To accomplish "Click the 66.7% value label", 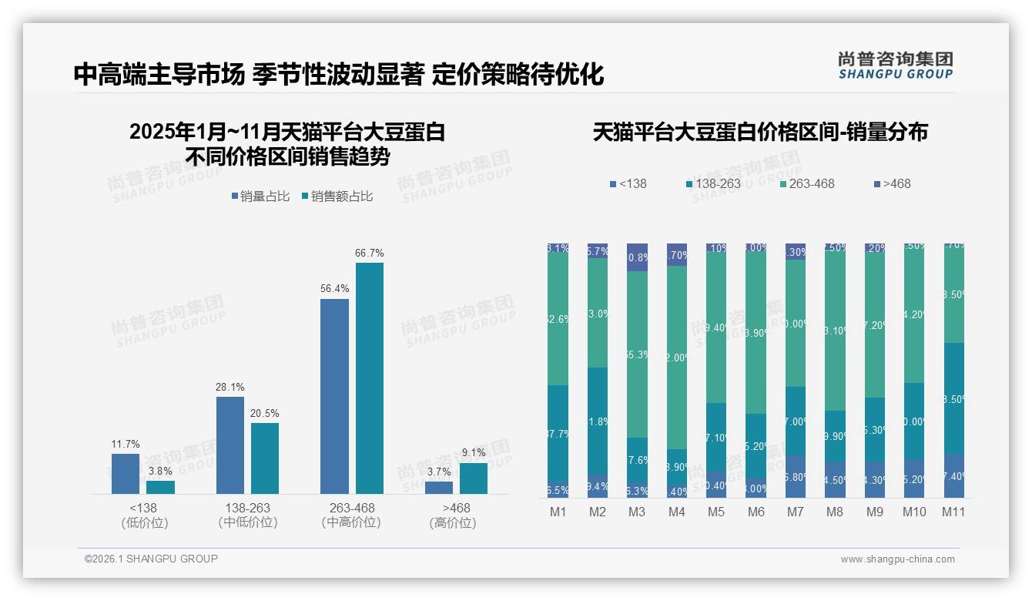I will (x=369, y=253).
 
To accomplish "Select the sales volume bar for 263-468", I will (x=334, y=396).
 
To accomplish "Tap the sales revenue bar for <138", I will (x=160, y=487).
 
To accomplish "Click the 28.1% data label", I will (x=230, y=388).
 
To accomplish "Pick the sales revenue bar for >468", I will (x=473, y=478).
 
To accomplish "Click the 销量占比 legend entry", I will (x=260, y=196).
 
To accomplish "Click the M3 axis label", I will (x=637, y=512).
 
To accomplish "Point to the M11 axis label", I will (x=953, y=512).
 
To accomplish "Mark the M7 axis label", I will (x=796, y=512).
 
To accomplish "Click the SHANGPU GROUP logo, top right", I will (x=895, y=65).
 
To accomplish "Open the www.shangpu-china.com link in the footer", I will (x=897, y=559).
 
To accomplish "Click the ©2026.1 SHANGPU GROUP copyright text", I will (x=151, y=559).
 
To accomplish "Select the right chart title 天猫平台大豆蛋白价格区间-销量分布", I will (x=760, y=133).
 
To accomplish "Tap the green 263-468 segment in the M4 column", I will (x=676, y=358).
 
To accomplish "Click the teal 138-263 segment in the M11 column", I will (x=953, y=398).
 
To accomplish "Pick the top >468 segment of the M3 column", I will (x=637, y=257).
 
